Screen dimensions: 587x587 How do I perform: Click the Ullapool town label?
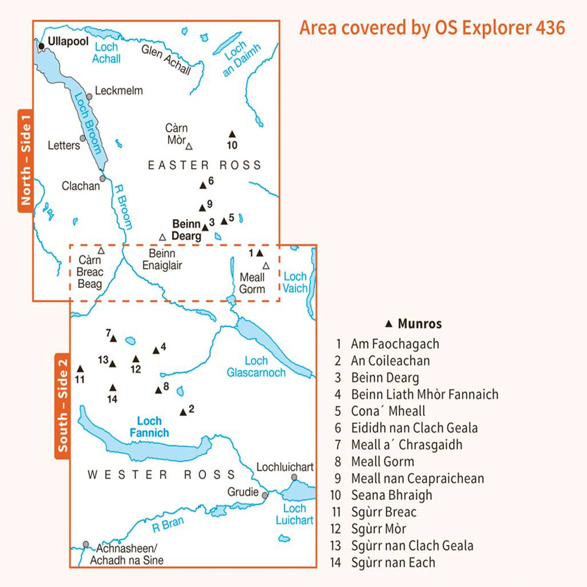(68, 41)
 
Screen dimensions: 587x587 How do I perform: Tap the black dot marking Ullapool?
(41, 46)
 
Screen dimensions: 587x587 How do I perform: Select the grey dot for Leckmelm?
(89, 97)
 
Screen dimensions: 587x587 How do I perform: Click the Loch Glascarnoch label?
(256, 367)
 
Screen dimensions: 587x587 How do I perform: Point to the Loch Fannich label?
(149, 427)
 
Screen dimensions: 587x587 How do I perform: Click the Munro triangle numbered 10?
(232, 134)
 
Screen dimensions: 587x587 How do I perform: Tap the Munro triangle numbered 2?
(183, 412)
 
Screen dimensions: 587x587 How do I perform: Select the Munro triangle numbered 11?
(80, 369)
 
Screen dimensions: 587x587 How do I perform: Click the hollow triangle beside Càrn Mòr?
(189, 147)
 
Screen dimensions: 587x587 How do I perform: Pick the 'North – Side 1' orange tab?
(25, 161)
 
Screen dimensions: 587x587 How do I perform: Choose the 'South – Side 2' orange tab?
(62, 405)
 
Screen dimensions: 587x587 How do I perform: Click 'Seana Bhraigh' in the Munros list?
(391, 495)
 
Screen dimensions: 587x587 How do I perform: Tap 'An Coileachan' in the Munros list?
(390, 361)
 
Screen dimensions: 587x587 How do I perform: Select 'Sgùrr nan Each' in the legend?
(393, 563)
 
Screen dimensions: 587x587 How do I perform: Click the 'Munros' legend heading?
(419, 324)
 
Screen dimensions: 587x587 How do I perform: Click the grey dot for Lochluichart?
(294, 477)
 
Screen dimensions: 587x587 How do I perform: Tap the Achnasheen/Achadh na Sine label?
(127, 554)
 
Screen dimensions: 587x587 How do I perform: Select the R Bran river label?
(168, 524)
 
